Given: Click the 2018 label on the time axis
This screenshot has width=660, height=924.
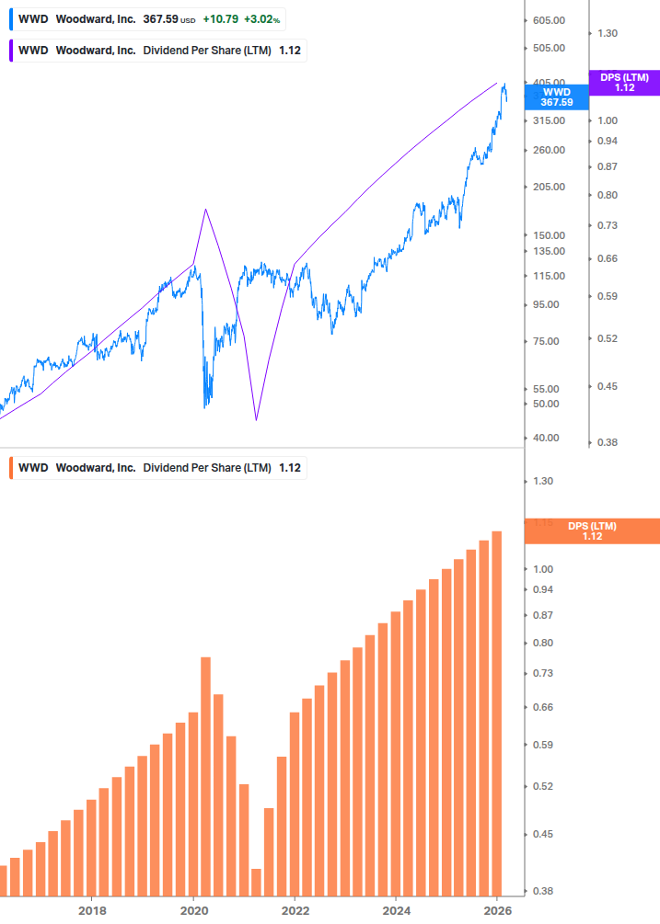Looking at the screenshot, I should click(x=92, y=910).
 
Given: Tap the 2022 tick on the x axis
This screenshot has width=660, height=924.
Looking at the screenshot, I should click(x=295, y=910).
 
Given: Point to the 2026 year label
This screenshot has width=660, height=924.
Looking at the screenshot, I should click(x=497, y=910).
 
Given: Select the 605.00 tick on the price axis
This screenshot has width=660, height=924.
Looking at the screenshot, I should click(x=548, y=20).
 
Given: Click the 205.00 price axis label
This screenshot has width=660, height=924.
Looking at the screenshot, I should click(x=548, y=187).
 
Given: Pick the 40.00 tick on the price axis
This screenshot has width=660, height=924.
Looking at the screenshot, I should click(x=545, y=438).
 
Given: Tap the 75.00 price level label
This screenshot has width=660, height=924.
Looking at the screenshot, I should click(x=545, y=341).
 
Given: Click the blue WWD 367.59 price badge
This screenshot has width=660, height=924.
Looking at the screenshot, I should click(x=556, y=97).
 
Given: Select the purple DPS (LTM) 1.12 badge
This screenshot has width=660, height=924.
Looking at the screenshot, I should click(x=624, y=83).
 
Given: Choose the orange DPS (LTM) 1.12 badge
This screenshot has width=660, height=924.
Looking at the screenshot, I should click(x=591, y=530).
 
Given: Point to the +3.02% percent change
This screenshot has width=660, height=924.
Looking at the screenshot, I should click(x=261, y=18).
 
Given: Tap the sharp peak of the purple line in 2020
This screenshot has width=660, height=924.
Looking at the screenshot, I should click(x=205, y=210).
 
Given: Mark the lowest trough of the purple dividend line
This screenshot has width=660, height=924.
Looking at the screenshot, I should click(x=256, y=420).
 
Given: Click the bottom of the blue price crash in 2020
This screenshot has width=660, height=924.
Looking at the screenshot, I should click(x=205, y=405).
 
